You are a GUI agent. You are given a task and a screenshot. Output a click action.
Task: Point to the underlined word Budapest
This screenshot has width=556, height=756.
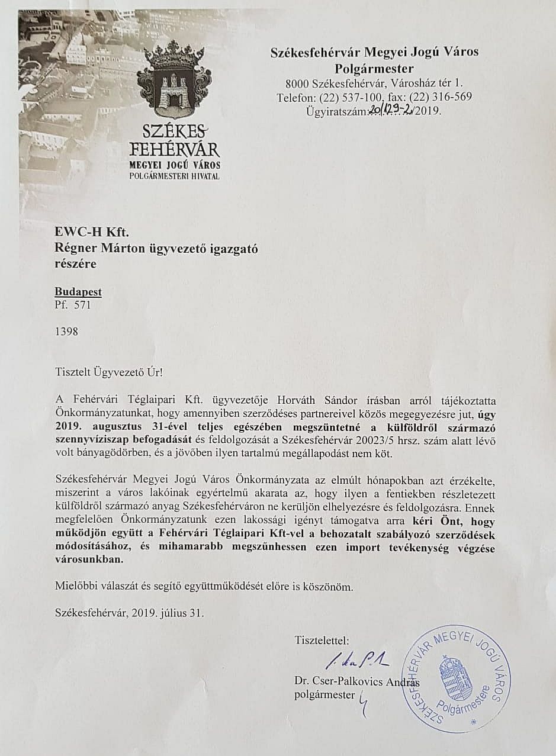(x=78, y=292)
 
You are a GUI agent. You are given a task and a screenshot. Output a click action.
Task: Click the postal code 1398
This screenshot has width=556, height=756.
(x=66, y=332)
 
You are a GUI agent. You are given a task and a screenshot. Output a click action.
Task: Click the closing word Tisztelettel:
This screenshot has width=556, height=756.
(x=322, y=640)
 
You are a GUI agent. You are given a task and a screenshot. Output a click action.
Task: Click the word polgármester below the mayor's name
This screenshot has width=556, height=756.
(x=324, y=694)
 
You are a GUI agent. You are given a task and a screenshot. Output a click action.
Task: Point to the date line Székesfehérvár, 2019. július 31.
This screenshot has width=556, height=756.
(x=129, y=613)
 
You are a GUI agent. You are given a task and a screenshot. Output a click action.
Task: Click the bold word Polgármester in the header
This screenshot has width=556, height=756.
(x=374, y=68)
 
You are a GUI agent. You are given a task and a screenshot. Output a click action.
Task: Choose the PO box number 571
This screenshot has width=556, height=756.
(x=82, y=306)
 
